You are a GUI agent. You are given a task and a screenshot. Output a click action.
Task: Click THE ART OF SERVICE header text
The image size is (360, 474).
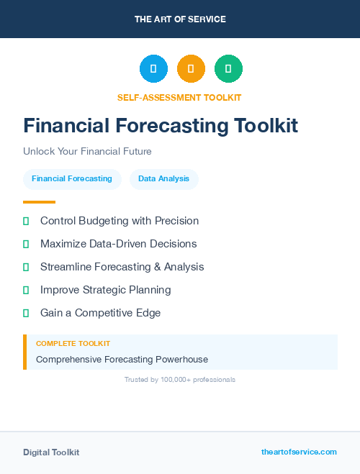[x=180, y=19]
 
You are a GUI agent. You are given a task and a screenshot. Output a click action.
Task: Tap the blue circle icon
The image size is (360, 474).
[x=153, y=68]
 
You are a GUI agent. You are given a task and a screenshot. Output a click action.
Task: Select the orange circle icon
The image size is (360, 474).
[x=191, y=68]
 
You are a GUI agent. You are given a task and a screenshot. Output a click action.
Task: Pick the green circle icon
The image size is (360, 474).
[x=228, y=68]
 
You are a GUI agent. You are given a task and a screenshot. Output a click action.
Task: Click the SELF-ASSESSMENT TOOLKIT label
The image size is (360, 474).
[x=179, y=97]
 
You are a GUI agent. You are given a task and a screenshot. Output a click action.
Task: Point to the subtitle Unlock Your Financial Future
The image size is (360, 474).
[x=87, y=152]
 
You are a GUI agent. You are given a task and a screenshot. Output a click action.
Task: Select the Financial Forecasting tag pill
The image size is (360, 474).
[x=72, y=178]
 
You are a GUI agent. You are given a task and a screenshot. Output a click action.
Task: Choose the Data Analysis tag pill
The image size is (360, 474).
[x=163, y=178]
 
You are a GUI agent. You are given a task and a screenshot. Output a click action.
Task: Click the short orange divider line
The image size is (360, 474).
[x=39, y=202]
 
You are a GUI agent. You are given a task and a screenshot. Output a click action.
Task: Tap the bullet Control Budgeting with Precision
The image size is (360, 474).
[x=120, y=221]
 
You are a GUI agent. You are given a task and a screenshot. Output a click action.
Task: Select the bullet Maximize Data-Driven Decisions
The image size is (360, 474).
[x=118, y=244]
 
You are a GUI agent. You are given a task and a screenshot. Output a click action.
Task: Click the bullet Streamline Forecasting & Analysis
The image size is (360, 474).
[x=122, y=267]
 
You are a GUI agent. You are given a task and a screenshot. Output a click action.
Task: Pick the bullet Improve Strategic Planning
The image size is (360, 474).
[x=105, y=290]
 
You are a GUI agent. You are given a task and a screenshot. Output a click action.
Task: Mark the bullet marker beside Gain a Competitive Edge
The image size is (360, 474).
[x=26, y=313]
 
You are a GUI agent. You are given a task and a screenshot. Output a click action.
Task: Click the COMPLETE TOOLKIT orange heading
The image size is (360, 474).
[x=73, y=344]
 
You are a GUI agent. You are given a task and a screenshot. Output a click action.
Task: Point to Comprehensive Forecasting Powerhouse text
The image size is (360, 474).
[x=122, y=359]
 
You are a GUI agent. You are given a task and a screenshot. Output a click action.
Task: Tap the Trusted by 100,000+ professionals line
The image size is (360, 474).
[x=179, y=379]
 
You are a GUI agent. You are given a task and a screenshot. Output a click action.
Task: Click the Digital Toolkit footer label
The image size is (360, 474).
[x=51, y=452]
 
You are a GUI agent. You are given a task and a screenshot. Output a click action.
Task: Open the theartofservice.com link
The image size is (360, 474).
[x=299, y=452]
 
